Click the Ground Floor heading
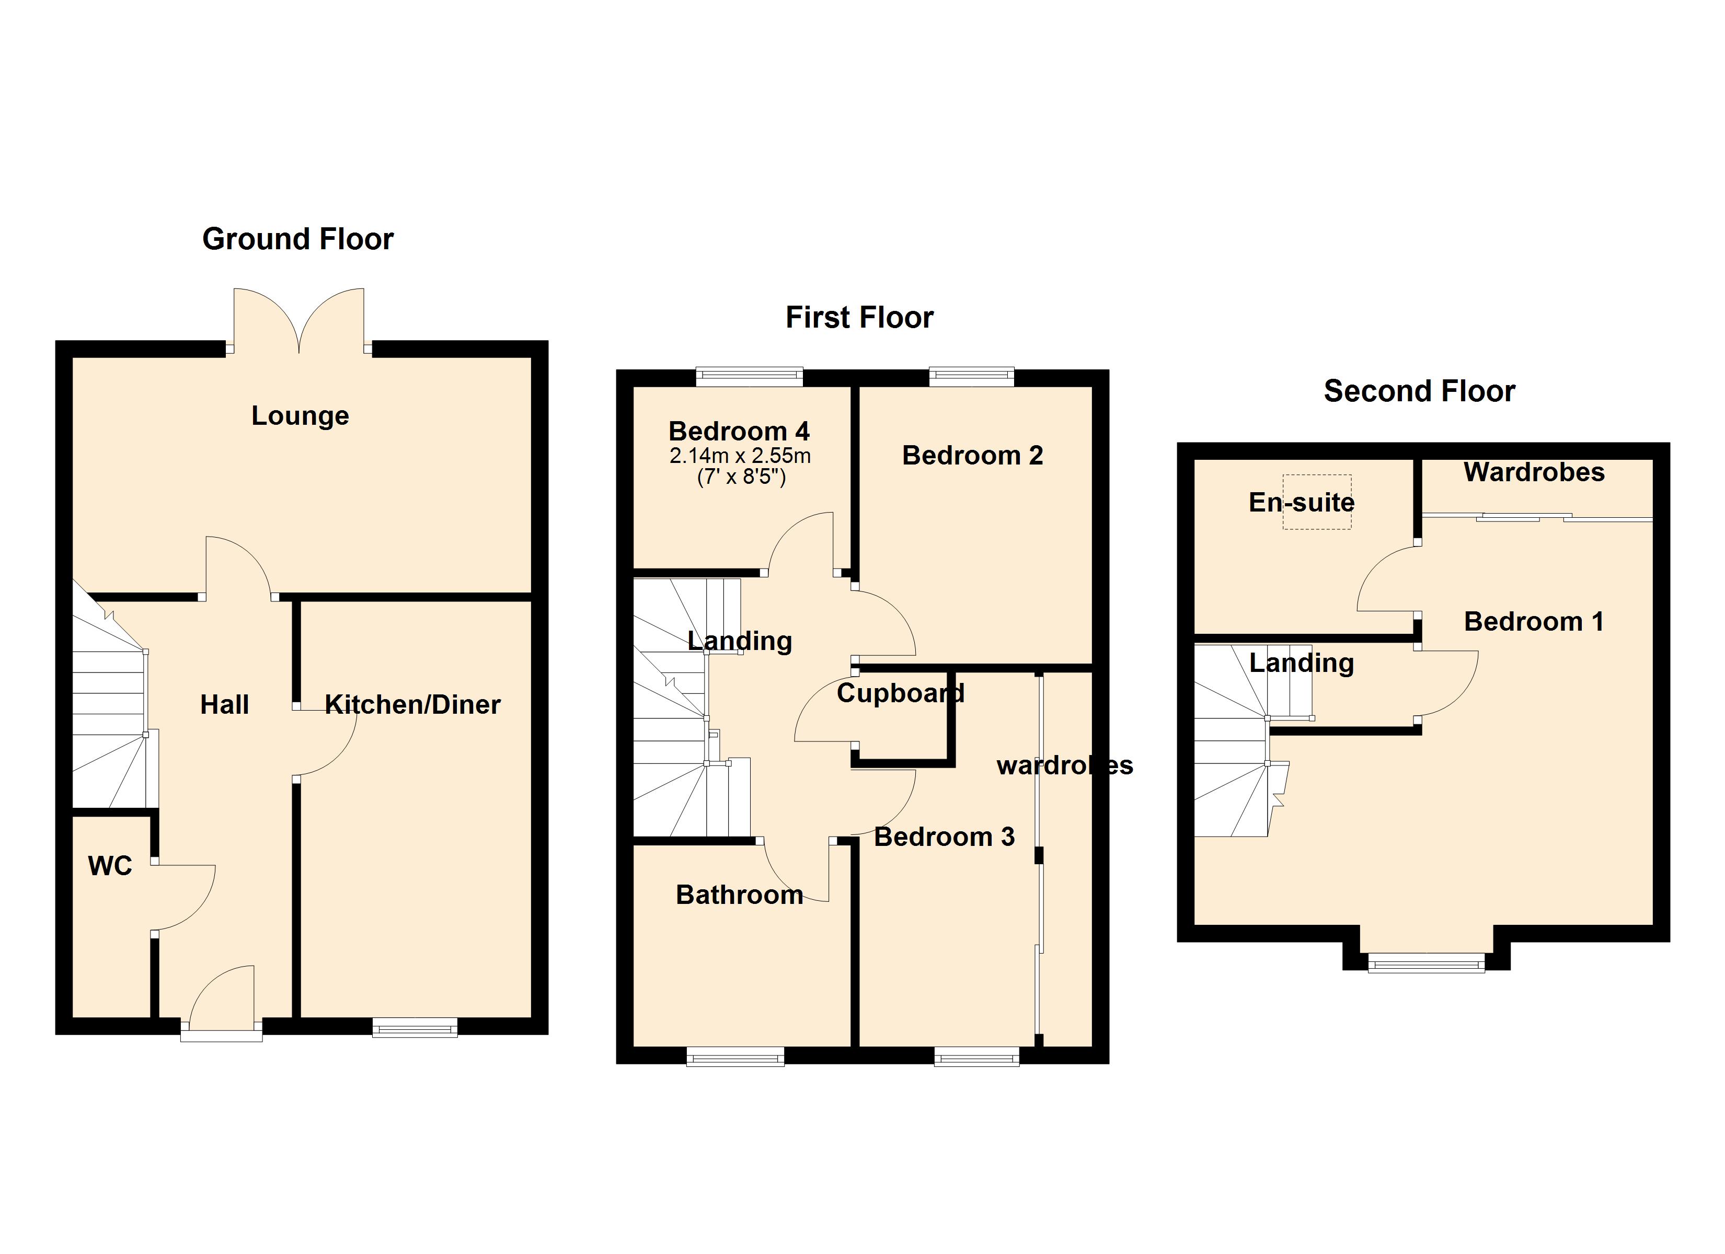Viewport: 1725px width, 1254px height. coord(297,239)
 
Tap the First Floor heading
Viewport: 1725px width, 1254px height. coord(859,318)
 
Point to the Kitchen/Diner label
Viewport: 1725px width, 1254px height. coord(413,705)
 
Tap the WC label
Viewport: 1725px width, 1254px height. coord(110,865)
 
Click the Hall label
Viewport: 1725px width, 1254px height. coord(224,705)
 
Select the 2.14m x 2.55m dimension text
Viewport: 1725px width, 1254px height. coord(740,456)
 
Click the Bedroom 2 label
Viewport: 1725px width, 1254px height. coord(972,456)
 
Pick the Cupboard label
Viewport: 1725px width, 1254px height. coord(901,693)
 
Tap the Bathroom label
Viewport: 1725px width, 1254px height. coord(739,895)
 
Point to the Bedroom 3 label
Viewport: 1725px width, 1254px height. coord(944,837)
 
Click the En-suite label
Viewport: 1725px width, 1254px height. coord(1302,503)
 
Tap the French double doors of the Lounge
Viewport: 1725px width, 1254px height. coord(299,321)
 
